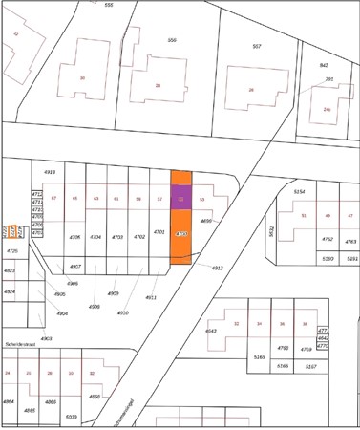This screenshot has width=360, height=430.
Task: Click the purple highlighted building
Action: coord(180,198)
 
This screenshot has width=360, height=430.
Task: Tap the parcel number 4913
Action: coord(50,172)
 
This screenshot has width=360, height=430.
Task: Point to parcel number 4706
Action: coord(74,236)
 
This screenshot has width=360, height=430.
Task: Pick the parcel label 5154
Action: coord(299,192)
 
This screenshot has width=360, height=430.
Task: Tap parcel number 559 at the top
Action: coord(172,40)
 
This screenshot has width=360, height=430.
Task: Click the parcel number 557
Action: coord(257,46)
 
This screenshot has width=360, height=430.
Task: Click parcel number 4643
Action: coord(211,332)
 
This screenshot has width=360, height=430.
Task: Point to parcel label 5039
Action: coord(71,417)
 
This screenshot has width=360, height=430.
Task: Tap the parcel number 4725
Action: coord(12,250)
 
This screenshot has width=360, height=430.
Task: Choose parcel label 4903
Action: coord(46,338)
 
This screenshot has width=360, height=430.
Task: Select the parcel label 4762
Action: coord(327,239)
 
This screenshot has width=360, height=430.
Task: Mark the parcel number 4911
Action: coord(150,297)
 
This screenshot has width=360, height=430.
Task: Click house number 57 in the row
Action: coord(53,198)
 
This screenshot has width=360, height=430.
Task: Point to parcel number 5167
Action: coord(310,366)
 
